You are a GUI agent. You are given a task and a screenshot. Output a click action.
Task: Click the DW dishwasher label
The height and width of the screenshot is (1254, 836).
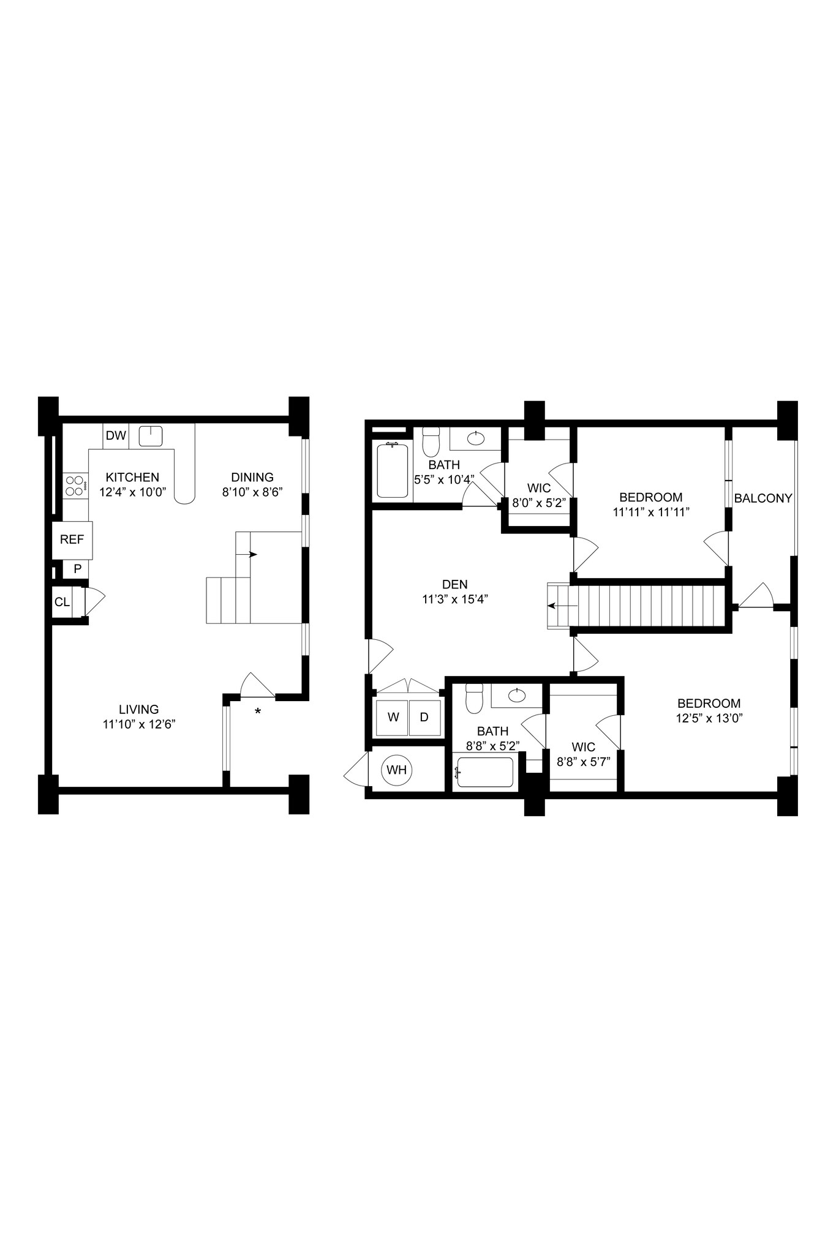(x=116, y=435)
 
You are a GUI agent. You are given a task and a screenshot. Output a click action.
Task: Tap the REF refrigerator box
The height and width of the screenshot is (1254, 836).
(x=72, y=539)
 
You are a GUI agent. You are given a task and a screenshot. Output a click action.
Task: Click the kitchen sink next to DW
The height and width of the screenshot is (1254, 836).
(x=150, y=437)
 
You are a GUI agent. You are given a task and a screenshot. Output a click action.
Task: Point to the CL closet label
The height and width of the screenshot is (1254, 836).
(x=62, y=602)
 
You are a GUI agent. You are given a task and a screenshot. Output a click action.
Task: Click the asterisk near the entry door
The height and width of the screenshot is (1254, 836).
(x=258, y=711)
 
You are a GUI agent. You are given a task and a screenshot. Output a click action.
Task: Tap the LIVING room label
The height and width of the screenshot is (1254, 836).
(x=139, y=709)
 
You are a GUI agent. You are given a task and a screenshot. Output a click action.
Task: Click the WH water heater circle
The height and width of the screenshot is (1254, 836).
(x=397, y=770)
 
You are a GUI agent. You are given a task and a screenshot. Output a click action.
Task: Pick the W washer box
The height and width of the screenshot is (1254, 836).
(x=393, y=716)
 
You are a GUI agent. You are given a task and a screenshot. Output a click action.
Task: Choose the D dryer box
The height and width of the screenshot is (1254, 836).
(x=424, y=716)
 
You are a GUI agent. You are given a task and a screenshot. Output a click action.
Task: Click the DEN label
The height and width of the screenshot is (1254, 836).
(x=454, y=585)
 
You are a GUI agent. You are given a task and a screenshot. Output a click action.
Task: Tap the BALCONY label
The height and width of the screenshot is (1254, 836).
(x=763, y=498)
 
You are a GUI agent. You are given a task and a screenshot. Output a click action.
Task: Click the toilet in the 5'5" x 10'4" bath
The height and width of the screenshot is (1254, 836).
(x=431, y=440)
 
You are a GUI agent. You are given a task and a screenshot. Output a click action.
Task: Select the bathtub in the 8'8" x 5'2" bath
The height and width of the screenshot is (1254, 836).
(x=485, y=773)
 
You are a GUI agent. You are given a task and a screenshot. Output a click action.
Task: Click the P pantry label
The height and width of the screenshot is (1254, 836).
(x=78, y=569)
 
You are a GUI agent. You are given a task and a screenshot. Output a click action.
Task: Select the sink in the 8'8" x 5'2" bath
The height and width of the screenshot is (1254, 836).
(x=518, y=694)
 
